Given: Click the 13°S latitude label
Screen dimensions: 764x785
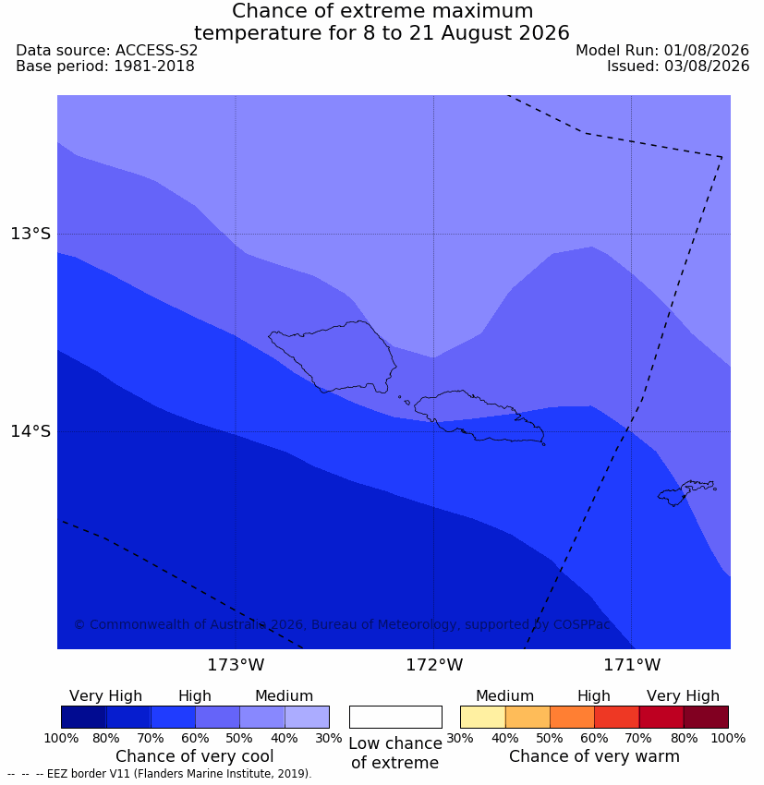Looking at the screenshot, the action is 30,234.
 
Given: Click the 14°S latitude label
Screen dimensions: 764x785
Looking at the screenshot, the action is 30,431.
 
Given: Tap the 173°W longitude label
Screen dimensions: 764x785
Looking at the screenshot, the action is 236,665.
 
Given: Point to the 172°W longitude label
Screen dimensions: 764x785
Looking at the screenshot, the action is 433,665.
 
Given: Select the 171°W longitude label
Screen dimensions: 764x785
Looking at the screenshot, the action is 632,665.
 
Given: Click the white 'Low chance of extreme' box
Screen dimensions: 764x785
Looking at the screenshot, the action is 395,717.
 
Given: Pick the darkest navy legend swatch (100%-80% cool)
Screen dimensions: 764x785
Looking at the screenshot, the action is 84,717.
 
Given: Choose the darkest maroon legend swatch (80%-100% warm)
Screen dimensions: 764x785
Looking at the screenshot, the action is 706,717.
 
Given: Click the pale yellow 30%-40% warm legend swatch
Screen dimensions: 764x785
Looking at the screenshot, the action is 482,717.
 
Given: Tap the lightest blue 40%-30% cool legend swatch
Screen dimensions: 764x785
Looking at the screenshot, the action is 307,717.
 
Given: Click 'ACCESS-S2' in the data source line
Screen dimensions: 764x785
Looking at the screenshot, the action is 156,51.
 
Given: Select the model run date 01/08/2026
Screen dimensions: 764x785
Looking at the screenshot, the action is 707,51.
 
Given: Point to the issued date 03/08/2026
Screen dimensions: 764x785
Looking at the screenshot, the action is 707,66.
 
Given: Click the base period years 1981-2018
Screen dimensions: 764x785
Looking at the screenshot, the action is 154,66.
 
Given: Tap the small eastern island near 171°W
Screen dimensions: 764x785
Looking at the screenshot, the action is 686,492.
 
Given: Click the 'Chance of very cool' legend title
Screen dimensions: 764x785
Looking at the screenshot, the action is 195,756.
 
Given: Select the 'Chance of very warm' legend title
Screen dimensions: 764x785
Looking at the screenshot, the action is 594,756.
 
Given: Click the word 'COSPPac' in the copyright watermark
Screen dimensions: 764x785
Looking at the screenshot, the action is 581,624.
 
